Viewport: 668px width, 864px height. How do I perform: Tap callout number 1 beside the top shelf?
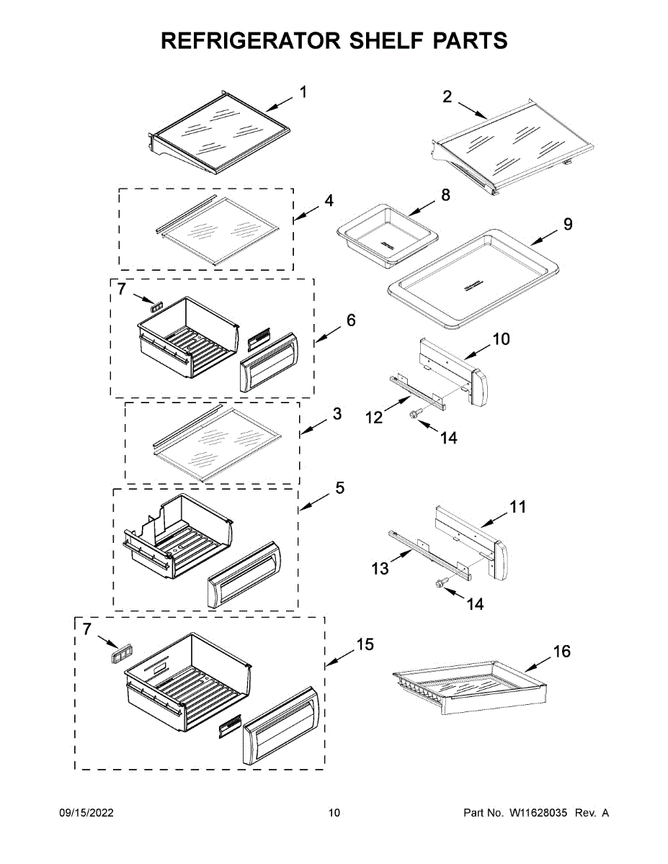(x=303, y=92)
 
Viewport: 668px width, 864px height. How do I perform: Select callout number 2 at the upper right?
(x=447, y=96)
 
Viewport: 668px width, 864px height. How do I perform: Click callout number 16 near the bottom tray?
(x=561, y=652)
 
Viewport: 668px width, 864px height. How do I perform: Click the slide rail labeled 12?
(x=417, y=393)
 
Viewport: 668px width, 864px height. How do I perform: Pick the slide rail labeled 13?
(x=429, y=554)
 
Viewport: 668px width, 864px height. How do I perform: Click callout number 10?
(x=501, y=338)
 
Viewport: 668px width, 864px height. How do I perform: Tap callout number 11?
(x=518, y=507)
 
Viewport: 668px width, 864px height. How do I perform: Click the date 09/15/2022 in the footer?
(x=86, y=813)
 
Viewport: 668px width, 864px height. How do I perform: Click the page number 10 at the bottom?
(x=334, y=813)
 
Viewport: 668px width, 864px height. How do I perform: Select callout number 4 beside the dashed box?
(x=329, y=200)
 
